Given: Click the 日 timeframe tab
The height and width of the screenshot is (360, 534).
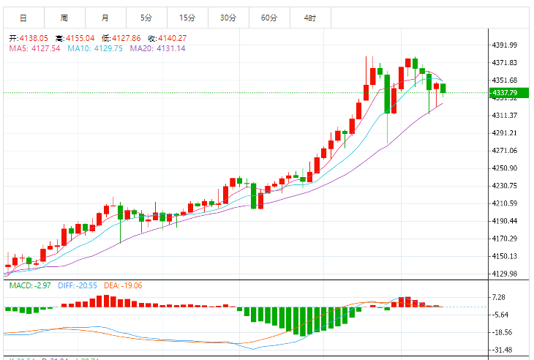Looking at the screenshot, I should click(23, 17).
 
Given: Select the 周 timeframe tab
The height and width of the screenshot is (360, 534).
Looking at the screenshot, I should click(64, 17).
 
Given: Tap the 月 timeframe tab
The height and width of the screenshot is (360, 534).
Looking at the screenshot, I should click(105, 17).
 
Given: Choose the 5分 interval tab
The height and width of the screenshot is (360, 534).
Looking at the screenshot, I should click(146, 17).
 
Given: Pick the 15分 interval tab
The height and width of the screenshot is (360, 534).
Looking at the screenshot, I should click(187, 17).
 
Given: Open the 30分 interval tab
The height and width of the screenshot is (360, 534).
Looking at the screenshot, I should click(228, 17).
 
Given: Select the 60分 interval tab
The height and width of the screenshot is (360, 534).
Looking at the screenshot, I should click(269, 17).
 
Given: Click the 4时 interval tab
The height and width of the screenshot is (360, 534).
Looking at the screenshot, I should click(310, 17).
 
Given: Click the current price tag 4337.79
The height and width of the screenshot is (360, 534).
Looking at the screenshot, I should click(505, 93).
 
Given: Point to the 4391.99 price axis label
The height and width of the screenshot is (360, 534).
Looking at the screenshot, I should click(505, 45).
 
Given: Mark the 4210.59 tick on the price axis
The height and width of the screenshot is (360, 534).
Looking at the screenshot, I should click(505, 203).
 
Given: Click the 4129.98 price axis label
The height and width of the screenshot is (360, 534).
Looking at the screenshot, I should click(505, 274).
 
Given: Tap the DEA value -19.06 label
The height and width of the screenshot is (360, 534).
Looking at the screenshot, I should click(130, 285).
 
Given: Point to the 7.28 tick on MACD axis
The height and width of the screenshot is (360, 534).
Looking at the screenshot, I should click(500, 297).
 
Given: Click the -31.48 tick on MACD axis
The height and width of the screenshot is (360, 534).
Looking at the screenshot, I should click(502, 350).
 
